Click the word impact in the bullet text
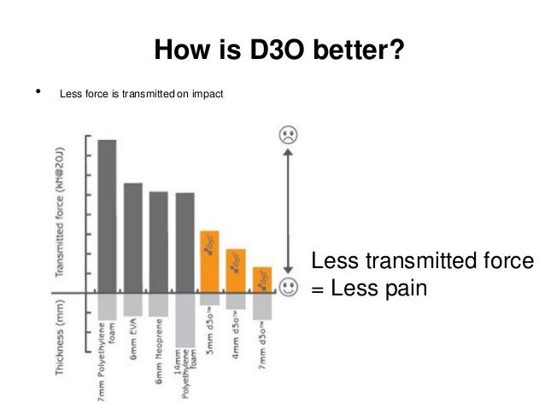(x=206, y=93)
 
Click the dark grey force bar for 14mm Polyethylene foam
(x=185, y=242)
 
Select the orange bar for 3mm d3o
(x=210, y=260)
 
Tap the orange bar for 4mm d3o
(x=236, y=270)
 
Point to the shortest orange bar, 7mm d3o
(x=262, y=278)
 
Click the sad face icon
(x=288, y=135)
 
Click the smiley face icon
(x=288, y=285)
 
